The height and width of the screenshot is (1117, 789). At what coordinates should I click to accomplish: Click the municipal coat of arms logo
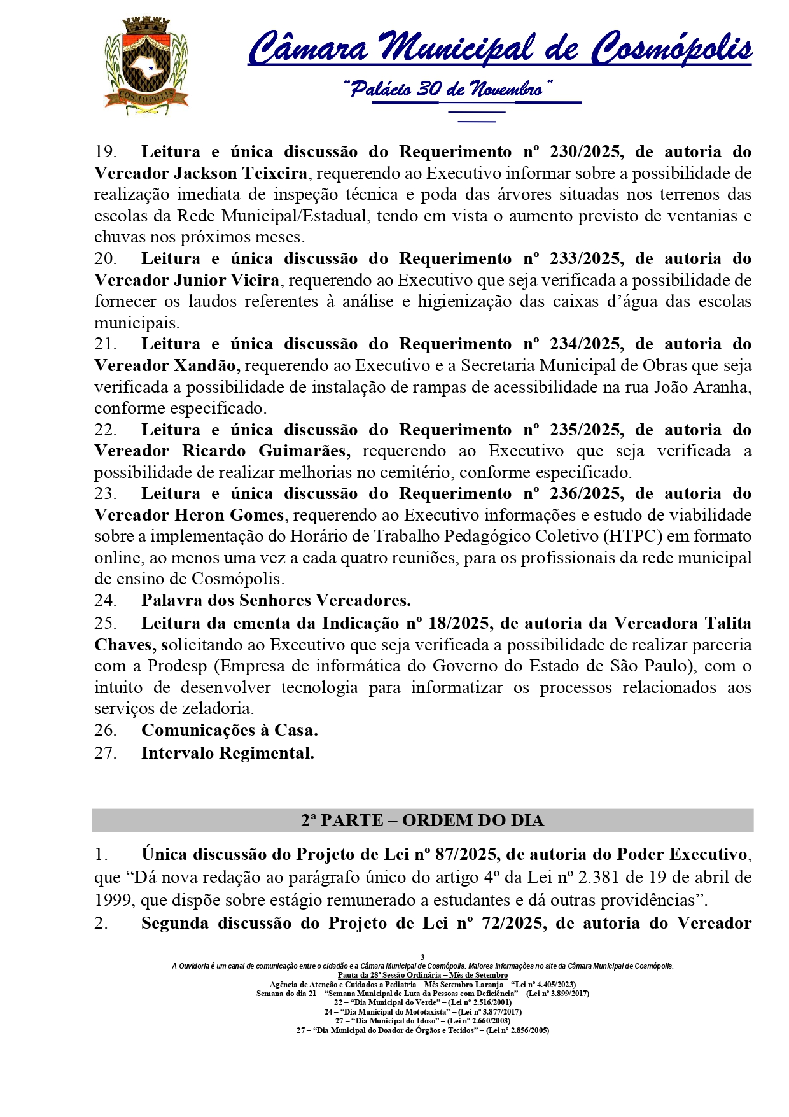point(146,66)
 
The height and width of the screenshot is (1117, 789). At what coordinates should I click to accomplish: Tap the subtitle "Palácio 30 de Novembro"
point(447,89)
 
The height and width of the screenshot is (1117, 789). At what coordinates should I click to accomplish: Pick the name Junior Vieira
point(227,280)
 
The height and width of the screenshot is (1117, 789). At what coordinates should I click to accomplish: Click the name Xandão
point(206,366)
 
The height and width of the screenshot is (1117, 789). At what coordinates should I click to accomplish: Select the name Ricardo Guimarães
point(266,451)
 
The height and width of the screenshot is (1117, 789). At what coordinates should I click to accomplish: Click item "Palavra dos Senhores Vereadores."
point(276,600)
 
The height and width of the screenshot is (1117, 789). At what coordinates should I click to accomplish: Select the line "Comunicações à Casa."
point(229,730)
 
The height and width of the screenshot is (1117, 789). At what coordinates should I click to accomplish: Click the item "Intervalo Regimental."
point(227,753)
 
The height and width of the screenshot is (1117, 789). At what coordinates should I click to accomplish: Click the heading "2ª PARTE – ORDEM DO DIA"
point(422,820)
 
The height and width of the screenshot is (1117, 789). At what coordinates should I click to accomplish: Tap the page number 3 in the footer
point(422,957)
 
